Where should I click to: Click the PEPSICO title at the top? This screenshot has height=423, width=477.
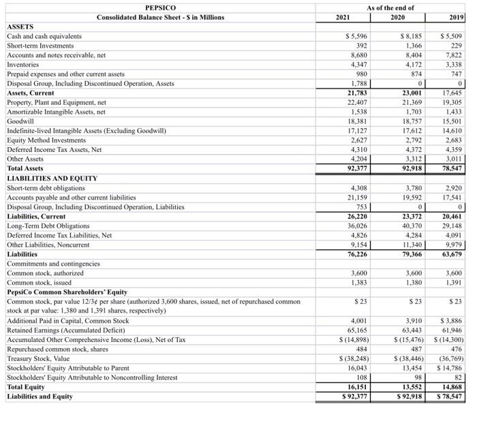point(160,7)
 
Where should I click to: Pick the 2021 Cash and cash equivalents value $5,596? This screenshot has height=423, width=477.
point(356,35)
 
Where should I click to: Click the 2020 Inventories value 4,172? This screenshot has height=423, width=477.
point(411,64)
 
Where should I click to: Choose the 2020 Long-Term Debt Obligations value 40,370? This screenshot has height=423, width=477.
point(411,225)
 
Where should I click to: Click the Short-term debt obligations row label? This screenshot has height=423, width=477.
point(46,187)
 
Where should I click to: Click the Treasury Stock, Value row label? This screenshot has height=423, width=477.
point(38,358)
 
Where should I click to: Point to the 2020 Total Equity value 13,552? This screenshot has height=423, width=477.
point(411,386)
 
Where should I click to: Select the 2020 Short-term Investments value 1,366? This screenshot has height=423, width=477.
point(411,45)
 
